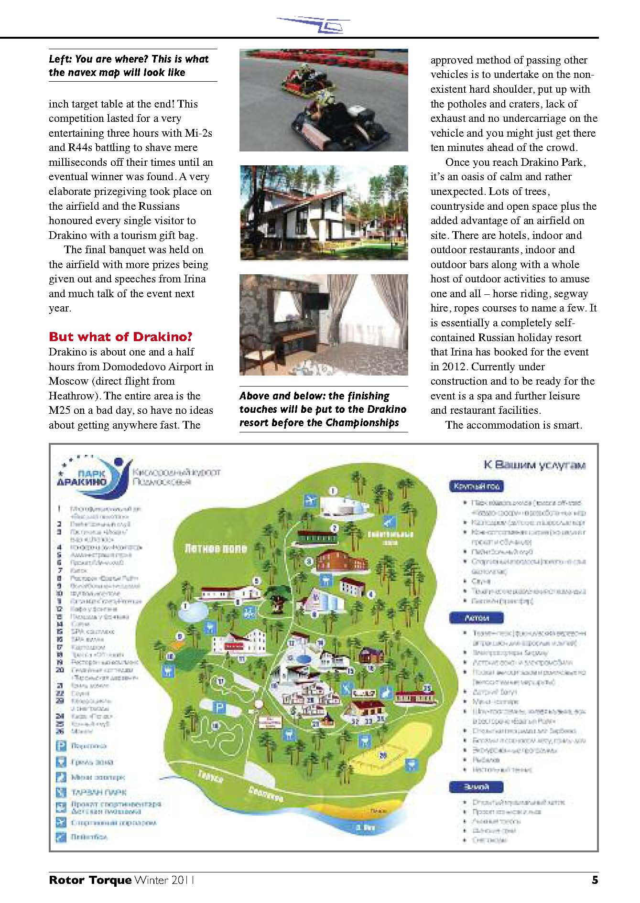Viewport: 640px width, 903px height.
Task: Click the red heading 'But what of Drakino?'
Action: click(120, 337)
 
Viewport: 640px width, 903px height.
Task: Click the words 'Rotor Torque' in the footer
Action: click(90, 880)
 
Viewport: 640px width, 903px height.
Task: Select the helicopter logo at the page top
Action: click(313, 24)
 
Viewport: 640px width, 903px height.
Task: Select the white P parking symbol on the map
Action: click(219, 707)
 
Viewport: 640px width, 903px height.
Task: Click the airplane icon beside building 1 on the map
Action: click(311, 500)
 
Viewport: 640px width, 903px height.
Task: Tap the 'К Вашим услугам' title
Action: click(534, 465)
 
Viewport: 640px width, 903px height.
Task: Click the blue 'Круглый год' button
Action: click(476, 486)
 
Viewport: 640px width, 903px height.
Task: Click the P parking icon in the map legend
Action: click(61, 746)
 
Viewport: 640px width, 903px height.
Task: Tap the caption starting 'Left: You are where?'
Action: click(129, 65)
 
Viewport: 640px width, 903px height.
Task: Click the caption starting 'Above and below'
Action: click(323, 409)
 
